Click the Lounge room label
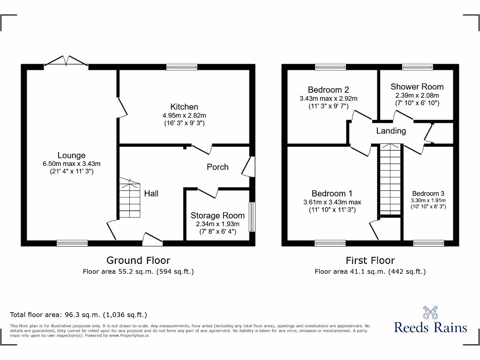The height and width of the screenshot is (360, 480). [x=71, y=155]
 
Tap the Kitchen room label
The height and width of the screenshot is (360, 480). [x=184, y=107]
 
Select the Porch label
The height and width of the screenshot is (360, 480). [x=217, y=167]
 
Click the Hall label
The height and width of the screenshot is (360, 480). [x=151, y=193]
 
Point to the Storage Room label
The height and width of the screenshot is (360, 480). [x=217, y=216]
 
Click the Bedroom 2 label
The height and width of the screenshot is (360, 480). [x=328, y=90]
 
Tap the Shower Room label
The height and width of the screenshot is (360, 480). [x=417, y=87]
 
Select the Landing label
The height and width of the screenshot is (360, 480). [x=391, y=131]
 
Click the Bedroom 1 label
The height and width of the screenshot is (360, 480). [x=332, y=194]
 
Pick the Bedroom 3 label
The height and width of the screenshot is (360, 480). [x=428, y=194]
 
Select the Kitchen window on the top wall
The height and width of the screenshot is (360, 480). [x=182, y=67]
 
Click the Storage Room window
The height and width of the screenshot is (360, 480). [x=253, y=217]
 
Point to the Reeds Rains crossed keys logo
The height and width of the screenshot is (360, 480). [x=430, y=313]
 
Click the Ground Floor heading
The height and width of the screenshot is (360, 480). [x=138, y=260]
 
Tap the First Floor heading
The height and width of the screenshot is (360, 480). [x=370, y=260]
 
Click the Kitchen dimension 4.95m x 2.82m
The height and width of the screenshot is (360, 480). [x=184, y=115]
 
